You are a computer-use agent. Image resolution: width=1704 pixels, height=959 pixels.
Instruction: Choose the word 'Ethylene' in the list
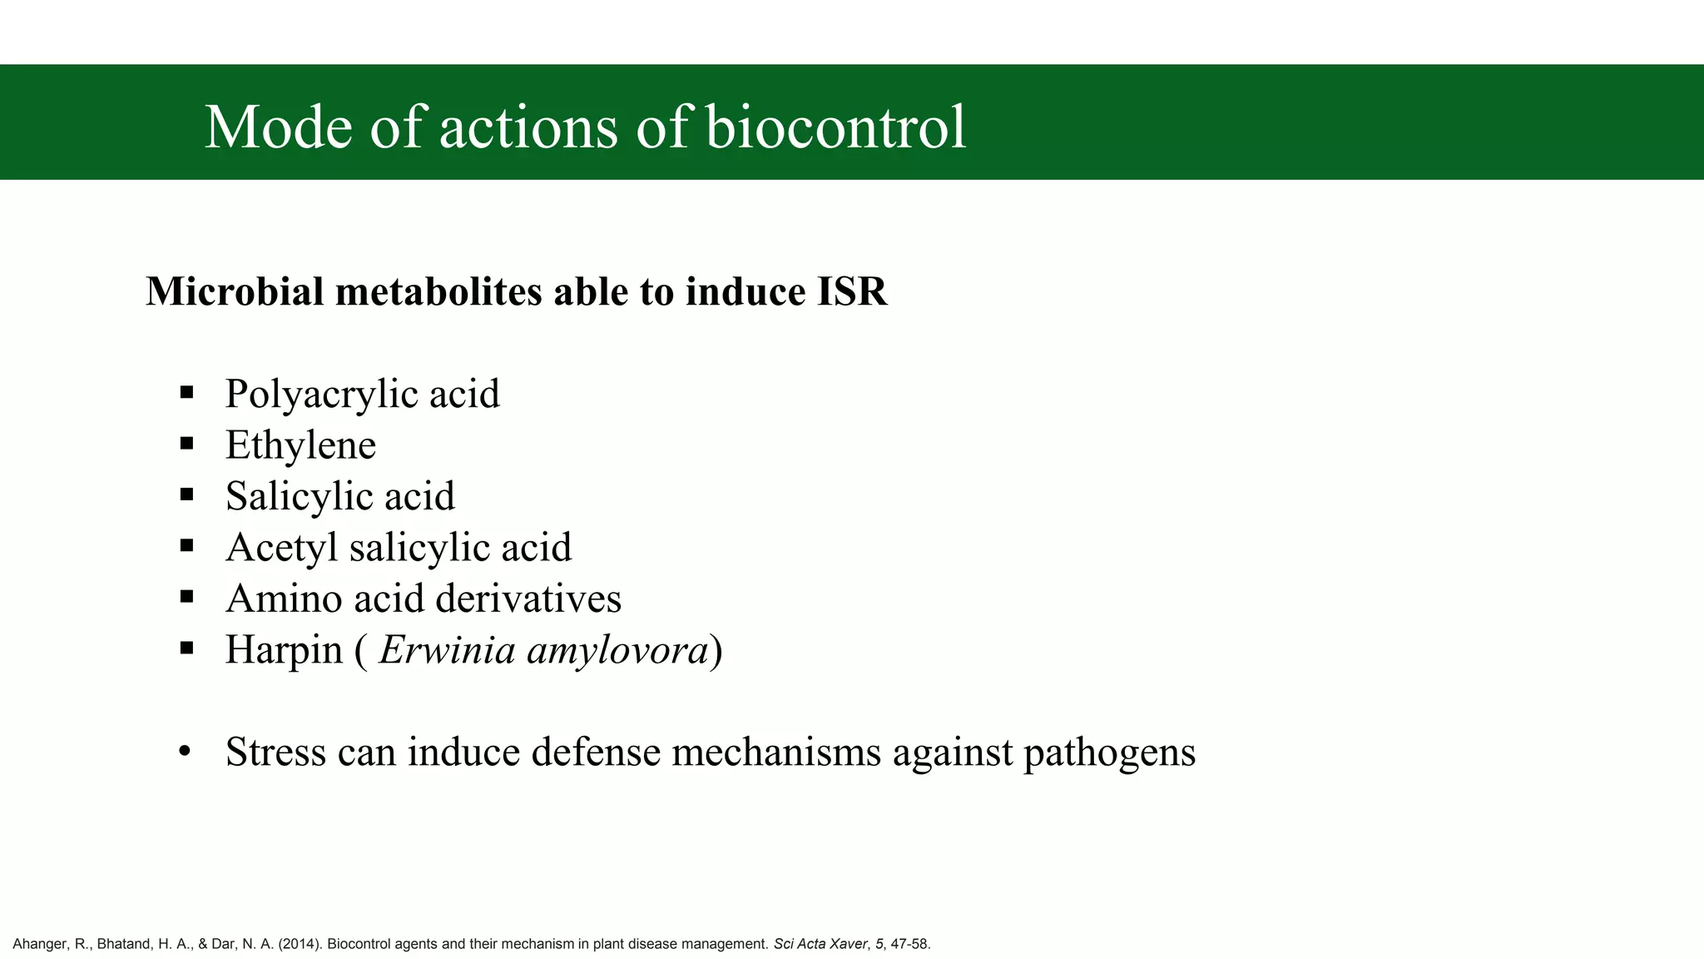click(300, 445)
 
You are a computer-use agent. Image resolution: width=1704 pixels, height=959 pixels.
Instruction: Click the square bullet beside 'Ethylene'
click(186, 444)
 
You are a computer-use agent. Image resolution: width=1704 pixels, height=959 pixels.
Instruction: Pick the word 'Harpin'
click(284, 649)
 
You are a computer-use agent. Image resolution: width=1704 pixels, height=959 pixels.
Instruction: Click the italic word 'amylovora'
click(617, 649)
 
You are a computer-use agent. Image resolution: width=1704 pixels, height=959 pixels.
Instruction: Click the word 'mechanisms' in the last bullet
click(775, 752)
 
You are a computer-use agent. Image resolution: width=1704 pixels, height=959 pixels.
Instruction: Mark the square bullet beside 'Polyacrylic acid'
click(186, 393)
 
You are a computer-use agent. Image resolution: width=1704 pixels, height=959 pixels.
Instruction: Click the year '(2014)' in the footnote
click(300, 944)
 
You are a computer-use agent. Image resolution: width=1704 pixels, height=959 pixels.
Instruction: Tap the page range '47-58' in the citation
click(910, 944)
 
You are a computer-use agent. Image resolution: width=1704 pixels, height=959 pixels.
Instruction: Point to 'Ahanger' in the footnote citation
click(37, 944)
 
